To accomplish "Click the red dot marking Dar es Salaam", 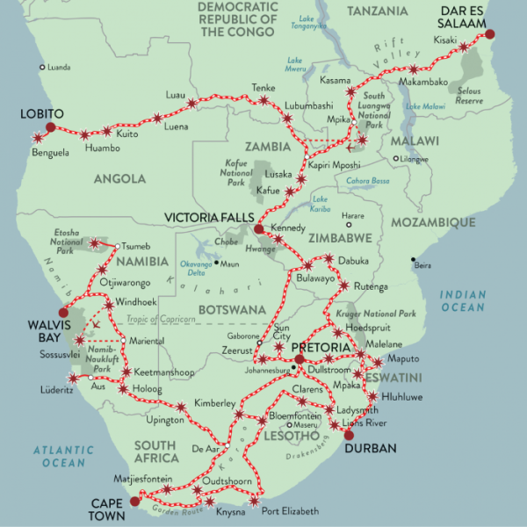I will [490, 34].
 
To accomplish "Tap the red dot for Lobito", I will [50, 127].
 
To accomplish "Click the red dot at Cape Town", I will [134, 502].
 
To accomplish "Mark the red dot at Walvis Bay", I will [61, 312].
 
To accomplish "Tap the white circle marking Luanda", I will [41, 67].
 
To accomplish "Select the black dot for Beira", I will [413, 259].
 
